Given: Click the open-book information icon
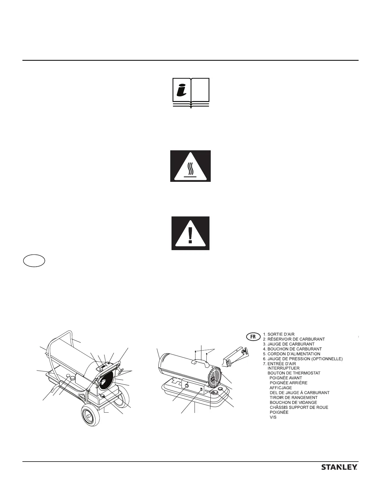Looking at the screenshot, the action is (x=191, y=93).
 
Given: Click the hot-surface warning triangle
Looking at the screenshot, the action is (x=190, y=166).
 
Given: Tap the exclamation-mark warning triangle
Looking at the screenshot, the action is (x=190, y=233).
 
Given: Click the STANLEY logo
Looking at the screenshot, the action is (x=339, y=476).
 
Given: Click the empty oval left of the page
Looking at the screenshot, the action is (x=34, y=261).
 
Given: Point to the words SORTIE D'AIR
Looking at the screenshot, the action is (x=281, y=334).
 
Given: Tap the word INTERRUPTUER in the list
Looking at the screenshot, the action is (x=284, y=368).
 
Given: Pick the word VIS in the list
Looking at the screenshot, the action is (x=273, y=417).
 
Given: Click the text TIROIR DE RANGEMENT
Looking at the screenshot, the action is (x=293, y=398).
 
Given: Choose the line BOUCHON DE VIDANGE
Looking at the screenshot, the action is (x=293, y=403).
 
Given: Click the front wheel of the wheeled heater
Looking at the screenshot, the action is (x=90, y=416).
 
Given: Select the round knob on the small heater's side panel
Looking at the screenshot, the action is (x=187, y=386).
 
